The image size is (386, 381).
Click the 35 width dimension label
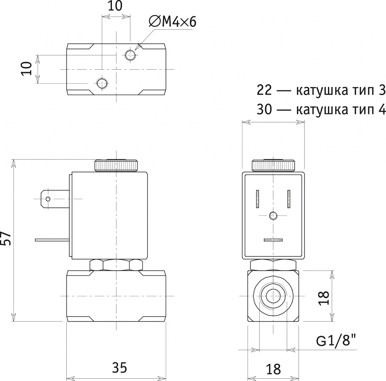[119, 367]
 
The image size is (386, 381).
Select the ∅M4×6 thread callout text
[173, 22]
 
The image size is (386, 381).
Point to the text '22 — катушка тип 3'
[321, 90]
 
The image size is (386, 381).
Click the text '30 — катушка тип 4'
[321, 110]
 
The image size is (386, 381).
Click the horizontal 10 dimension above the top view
[116, 6]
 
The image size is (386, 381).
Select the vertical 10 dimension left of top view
[26, 69]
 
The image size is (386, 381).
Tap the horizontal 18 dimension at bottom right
[273, 369]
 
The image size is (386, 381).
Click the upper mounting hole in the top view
[130, 55]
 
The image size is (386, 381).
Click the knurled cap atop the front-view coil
[116, 165]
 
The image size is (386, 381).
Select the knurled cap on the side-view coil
[273, 165]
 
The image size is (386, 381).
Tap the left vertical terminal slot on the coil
[258, 199]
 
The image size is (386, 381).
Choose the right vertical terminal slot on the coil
[289, 199]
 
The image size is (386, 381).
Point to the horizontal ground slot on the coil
[273, 239]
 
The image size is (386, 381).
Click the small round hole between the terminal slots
[273, 216]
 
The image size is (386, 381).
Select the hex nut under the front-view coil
[116, 265]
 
